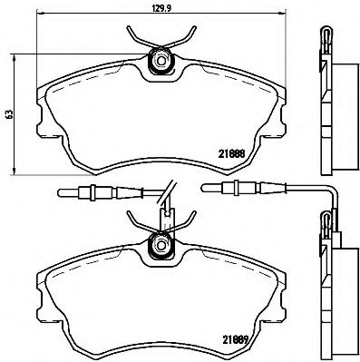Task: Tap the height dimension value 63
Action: (x=9, y=115)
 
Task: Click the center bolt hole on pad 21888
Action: (x=161, y=62)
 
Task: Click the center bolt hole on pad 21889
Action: (x=161, y=243)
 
